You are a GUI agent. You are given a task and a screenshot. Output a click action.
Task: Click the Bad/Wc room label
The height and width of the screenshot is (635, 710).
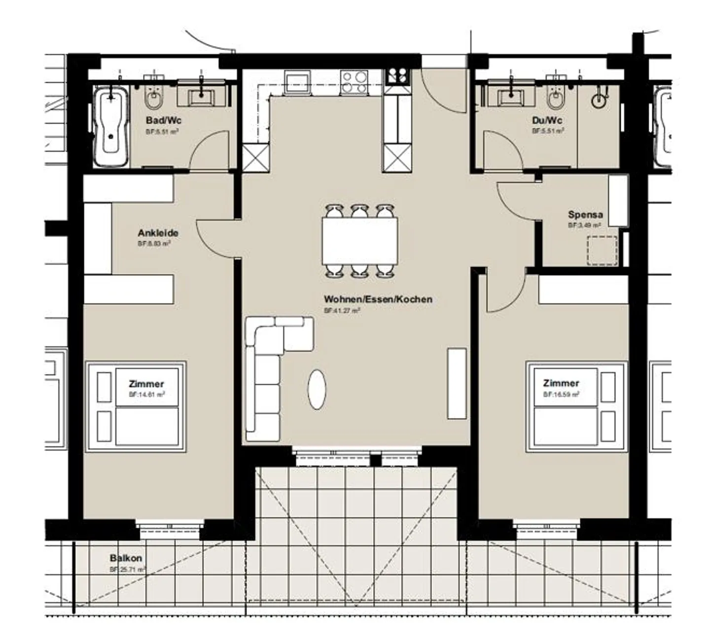(x=163, y=121)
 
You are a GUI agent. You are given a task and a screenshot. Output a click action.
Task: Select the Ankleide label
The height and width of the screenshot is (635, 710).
(x=158, y=233)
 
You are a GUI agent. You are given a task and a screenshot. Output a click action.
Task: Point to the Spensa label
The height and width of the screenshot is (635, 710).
(x=585, y=215)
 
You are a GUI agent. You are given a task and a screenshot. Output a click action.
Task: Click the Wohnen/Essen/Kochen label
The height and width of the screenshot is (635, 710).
(x=378, y=300)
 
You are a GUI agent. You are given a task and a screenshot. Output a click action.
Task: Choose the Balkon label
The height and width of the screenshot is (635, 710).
(x=126, y=558)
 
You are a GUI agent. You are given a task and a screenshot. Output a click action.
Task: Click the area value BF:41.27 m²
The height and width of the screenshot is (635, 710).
(x=342, y=311)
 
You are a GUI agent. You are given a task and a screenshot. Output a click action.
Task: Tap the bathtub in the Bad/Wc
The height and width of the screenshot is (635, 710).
(x=111, y=126)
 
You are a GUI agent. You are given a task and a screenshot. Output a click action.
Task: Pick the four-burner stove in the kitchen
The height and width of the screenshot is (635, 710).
(x=355, y=82)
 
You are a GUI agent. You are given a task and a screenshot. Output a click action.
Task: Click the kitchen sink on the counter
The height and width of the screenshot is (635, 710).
(x=297, y=82)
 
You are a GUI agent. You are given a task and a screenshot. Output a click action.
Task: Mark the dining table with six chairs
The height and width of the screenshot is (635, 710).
(x=360, y=241)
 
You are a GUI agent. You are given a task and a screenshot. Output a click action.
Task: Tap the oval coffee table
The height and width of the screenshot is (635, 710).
(x=317, y=389)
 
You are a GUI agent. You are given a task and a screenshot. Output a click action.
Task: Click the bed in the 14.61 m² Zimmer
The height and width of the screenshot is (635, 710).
(x=136, y=406)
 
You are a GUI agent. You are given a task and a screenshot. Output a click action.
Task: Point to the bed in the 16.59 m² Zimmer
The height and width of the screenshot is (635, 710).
(x=576, y=406)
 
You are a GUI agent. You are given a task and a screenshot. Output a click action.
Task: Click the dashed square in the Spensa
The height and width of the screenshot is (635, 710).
(x=602, y=251)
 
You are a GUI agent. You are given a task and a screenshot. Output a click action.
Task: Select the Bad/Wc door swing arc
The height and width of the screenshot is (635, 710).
(x=210, y=150)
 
